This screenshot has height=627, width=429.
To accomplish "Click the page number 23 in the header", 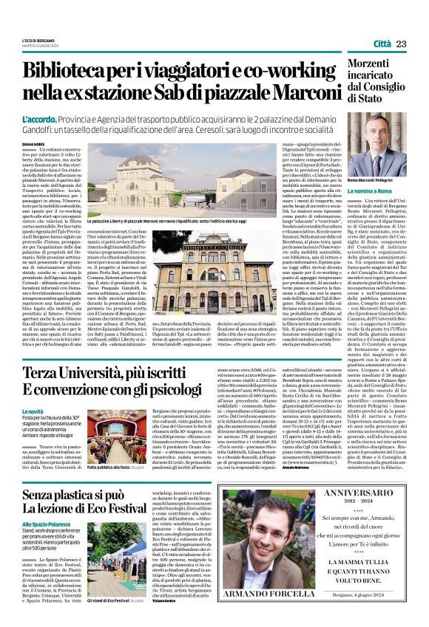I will click(x=400, y=44).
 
